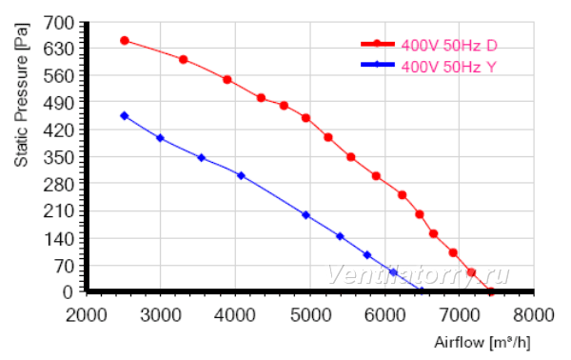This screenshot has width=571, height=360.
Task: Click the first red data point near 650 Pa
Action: pyautogui.click(x=125, y=40)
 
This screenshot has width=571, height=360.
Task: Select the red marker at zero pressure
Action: pyautogui.click(x=490, y=291)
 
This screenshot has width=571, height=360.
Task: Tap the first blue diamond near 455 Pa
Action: pyautogui.click(x=124, y=116)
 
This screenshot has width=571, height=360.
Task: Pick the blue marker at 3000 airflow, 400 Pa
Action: pyautogui.click(x=160, y=138)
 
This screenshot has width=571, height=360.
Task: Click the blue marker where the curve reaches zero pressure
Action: pyautogui.click(x=422, y=290)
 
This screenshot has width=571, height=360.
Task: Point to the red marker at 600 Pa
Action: pyautogui.click(x=184, y=59)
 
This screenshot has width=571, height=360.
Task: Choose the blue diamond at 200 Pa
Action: pyautogui.click(x=305, y=215)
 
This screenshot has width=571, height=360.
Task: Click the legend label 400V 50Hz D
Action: pyautogui.click(x=449, y=46)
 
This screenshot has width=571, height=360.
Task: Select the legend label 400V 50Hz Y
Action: pyautogui.click(x=448, y=67)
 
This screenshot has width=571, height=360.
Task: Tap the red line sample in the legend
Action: pyautogui.click(x=378, y=44)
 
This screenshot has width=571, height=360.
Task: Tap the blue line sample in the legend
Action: pyautogui.click(x=378, y=65)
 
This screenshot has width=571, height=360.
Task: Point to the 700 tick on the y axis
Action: pyautogui.click(x=59, y=23)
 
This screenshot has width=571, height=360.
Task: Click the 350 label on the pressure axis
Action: pyautogui.click(x=59, y=157)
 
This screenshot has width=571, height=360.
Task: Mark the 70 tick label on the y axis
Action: pyautogui.click(x=64, y=266)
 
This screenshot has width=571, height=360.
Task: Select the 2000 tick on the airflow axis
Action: pyautogui.click(x=87, y=315)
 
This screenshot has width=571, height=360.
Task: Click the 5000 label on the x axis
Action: pyautogui.click(x=310, y=315)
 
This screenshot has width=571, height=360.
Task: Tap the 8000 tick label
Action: pyautogui.click(x=534, y=315)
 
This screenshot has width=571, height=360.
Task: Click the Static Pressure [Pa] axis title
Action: pyautogui.click(x=21, y=95)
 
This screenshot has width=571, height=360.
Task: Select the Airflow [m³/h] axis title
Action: pyautogui.click(x=482, y=343)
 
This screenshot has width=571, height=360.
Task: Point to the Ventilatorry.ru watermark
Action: pyautogui.click(x=418, y=274)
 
